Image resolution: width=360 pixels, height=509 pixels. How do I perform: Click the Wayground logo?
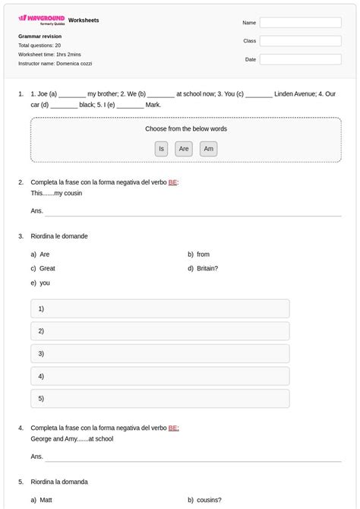41,19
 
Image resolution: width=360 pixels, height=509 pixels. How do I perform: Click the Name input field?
300,23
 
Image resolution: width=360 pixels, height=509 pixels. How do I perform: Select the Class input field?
300,41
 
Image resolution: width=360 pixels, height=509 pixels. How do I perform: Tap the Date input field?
300,59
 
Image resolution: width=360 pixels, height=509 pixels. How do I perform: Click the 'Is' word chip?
161,149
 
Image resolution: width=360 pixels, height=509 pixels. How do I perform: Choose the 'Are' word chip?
184,149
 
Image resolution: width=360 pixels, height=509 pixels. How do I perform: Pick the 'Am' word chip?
209,149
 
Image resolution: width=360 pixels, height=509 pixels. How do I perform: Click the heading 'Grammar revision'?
39,36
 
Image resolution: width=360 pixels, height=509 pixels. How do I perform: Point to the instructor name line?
55,64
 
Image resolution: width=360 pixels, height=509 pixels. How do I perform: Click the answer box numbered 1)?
159,308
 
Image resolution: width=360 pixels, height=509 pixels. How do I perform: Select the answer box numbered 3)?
159,353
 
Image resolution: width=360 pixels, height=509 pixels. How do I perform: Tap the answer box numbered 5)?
159,398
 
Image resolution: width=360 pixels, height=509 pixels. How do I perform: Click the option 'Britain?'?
207,268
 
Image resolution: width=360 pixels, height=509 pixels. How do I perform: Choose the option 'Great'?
47,268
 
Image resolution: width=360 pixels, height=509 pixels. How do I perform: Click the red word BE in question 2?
172,182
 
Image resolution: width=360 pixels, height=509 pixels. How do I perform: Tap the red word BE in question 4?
172,428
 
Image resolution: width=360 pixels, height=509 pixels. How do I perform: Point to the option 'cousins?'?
209,500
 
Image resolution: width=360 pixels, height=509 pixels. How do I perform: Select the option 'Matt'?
46,500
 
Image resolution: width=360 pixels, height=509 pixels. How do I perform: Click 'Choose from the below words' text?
186,129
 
